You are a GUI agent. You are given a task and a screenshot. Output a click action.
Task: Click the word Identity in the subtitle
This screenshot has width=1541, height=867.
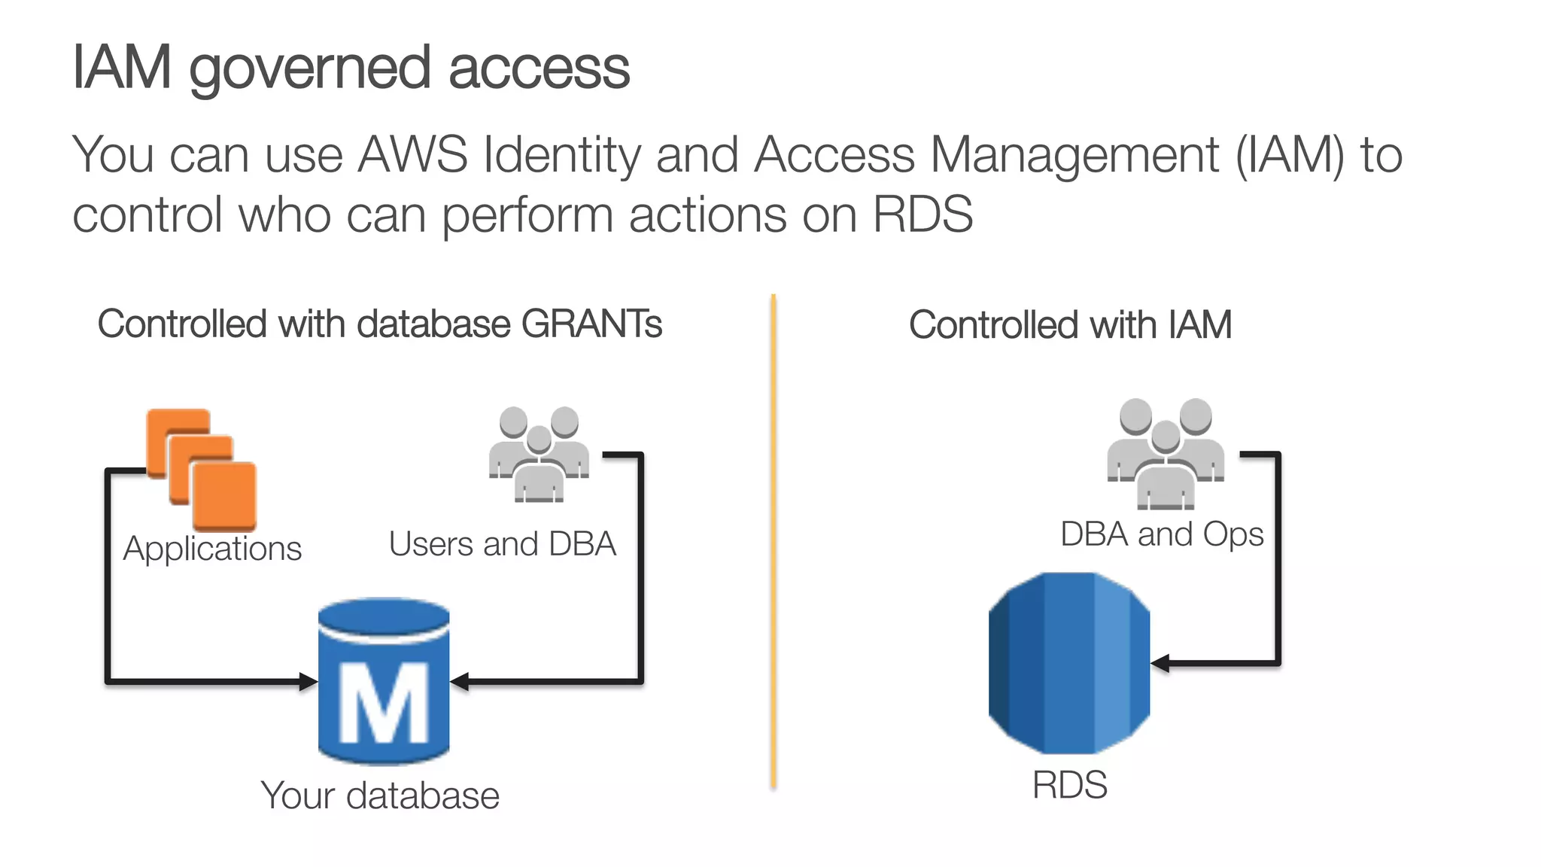coord(561,155)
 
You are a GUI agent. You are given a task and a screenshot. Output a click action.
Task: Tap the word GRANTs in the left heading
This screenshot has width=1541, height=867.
coord(591,324)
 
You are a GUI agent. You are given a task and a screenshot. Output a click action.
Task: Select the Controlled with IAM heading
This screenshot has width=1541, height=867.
coord(1069,325)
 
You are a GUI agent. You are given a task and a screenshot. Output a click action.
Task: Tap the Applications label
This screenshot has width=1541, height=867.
coord(212,549)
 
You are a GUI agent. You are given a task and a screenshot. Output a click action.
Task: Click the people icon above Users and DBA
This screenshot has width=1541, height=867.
coord(539,454)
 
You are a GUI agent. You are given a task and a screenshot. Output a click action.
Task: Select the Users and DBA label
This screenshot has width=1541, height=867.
coord(502,544)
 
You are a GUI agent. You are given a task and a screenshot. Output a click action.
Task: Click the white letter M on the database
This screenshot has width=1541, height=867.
coord(384,703)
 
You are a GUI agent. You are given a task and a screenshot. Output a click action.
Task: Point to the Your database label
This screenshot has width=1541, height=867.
coord(380,796)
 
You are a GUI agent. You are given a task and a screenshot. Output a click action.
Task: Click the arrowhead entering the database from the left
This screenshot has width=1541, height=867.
coord(308,682)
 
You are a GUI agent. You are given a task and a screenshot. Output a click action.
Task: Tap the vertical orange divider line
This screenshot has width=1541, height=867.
coord(773,542)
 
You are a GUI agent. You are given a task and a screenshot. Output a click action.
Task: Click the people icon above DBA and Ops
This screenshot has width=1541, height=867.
coord(1165,453)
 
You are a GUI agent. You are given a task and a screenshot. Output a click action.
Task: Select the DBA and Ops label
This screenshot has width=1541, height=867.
coord(1161,534)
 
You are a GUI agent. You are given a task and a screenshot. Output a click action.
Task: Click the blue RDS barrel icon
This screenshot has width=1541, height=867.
coord(1069,662)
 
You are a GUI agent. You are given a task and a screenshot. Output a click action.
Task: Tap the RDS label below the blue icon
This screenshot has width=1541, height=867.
coord(1069,785)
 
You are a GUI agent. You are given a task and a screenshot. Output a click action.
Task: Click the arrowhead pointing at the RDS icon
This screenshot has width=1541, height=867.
coord(1161,663)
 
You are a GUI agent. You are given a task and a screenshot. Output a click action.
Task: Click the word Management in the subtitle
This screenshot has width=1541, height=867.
coord(1074,155)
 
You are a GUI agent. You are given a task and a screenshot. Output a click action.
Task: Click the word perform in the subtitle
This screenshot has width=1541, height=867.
coord(527,215)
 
